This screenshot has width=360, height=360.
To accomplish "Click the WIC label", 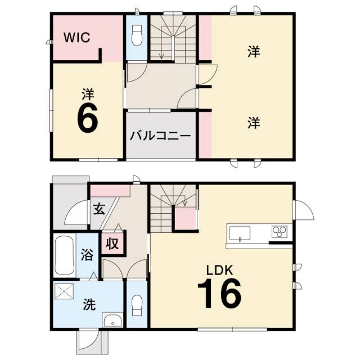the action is pyautogui.click(x=76, y=38).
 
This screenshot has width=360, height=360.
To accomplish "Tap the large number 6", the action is pyautogui.click(x=88, y=118).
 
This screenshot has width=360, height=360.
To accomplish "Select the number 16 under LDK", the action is pyautogui.click(x=219, y=293).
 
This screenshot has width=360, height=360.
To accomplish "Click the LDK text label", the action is pyautogui.click(x=220, y=270).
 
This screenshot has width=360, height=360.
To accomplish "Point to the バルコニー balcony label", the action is pyautogui.click(x=160, y=136).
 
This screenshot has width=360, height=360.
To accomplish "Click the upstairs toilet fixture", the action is pyautogui.click(x=137, y=36).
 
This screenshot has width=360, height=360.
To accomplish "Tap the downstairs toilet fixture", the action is pyautogui.click(x=137, y=305).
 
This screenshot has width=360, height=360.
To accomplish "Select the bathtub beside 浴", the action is pyautogui.click(x=65, y=255).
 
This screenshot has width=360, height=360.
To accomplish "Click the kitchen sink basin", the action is pyautogui.click(x=240, y=233).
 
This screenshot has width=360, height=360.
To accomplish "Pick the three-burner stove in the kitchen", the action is pyautogui.click(x=280, y=232).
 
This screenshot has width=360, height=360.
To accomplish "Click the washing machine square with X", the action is pyautogui.click(x=64, y=291).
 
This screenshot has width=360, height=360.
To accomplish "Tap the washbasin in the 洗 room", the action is pyautogui.click(x=112, y=319).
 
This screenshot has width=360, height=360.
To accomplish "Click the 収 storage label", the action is pyautogui.click(x=112, y=244).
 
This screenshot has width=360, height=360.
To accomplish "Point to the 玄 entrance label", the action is pyautogui.click(x=99, y=209).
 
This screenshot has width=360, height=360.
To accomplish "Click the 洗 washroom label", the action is pyautogui.click(x=89, y=304).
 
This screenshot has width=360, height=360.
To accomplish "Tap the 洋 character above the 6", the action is pyautogui.click(x=88, y=94).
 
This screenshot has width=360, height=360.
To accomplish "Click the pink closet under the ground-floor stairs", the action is pyautogui.click(x=186, y=218).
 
